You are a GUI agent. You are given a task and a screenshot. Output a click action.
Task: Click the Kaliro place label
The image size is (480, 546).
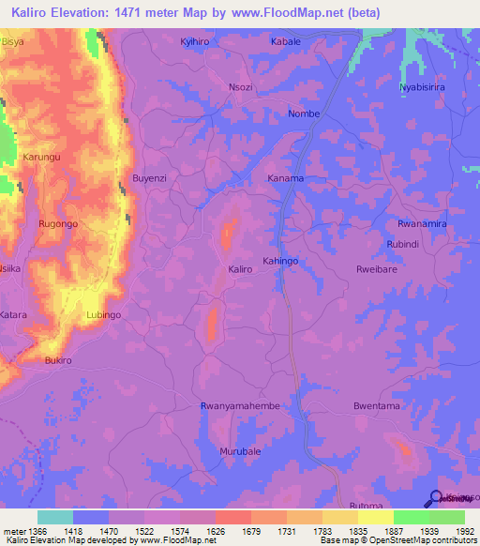240,269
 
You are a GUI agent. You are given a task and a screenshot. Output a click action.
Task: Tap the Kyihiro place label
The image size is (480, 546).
196,42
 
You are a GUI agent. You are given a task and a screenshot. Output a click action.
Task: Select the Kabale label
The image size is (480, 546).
286,42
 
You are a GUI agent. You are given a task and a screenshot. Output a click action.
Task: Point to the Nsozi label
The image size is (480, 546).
241,85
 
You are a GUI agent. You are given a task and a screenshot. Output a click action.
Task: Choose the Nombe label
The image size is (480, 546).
305,114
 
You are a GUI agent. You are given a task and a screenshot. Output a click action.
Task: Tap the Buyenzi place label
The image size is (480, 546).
149,177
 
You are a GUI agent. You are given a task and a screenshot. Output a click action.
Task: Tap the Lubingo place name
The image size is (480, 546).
103,315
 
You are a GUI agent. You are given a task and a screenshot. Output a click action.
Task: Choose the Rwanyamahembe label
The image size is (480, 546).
241,405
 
